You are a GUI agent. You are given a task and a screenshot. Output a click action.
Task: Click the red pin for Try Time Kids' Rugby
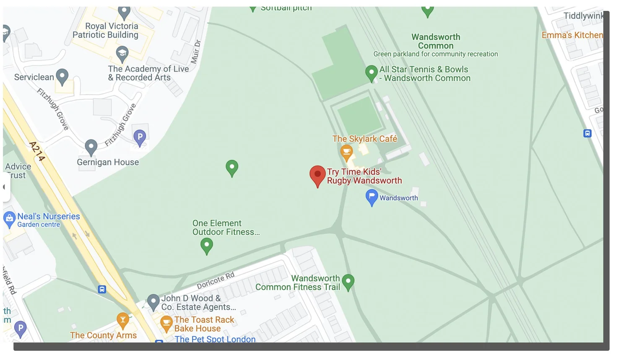pos(317,174)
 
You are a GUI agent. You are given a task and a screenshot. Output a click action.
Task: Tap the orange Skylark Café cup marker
pos(346,152)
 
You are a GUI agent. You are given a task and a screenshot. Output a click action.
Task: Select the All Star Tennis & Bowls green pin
pos(371,73)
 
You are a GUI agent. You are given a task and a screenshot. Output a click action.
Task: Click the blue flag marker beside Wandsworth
pos(372,197)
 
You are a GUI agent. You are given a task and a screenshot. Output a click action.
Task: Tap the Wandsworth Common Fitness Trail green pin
pos(348,282)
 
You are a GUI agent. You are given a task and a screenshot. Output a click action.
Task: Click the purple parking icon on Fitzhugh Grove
pos(140,137)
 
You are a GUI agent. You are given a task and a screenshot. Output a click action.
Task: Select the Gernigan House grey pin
pos(91,147)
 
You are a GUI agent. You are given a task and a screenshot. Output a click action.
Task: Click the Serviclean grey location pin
pos(62,76)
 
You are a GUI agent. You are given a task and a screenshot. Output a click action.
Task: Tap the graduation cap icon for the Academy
pos(122,54)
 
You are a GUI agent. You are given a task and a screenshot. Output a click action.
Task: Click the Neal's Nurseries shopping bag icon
pos(9,219)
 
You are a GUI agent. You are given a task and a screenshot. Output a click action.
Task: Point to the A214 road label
pos(37,151)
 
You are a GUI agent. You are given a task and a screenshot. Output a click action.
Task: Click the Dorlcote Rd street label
pos(216,280)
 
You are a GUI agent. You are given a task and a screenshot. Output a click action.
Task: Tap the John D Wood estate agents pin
pos(153,301)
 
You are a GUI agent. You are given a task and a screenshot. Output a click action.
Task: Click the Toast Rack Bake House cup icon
pos(166,323)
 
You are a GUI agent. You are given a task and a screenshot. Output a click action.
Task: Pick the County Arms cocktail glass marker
pos(122,321)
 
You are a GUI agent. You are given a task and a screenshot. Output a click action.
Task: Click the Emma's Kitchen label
pos(572,35)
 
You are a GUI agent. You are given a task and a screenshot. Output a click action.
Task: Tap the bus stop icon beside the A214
pos(102,289)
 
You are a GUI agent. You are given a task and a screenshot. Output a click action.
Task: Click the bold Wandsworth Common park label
pos(436,41)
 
